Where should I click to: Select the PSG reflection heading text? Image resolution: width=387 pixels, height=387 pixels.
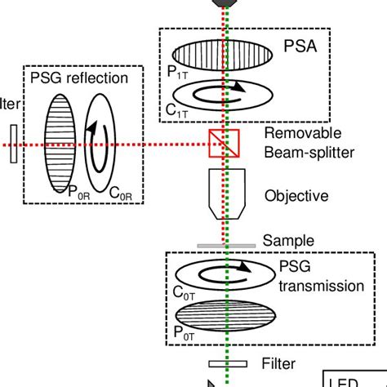78,78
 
